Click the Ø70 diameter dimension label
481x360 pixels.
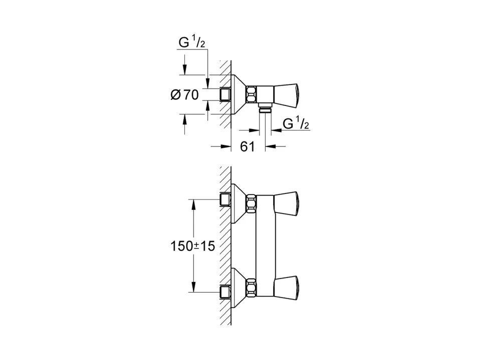coord(184,94)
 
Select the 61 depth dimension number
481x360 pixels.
coord(248,146)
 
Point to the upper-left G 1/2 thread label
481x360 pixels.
coord(192,43)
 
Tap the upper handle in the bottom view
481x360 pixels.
coord(286,201)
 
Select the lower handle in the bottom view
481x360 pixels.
coord(286,284)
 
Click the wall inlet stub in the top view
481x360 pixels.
coord(225,94)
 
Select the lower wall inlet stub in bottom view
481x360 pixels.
coord(225,292)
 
